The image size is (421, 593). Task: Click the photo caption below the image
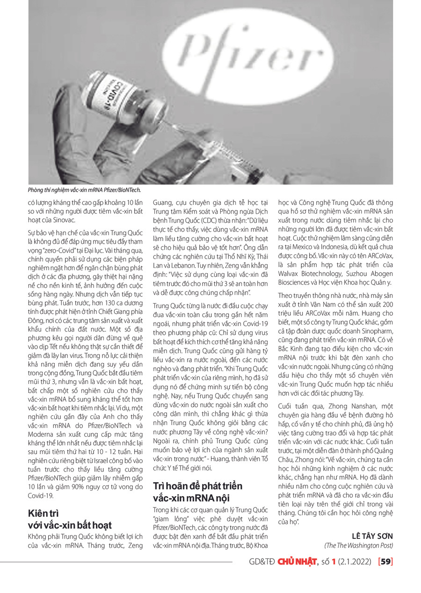[x=84, y=190]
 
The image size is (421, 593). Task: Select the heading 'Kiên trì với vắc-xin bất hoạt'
[x=70, y=519]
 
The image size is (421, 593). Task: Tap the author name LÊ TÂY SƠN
[x=371, y=536]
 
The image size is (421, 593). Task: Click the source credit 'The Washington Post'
[x=358, y=546]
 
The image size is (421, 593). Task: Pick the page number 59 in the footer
[x=385, y=562]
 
